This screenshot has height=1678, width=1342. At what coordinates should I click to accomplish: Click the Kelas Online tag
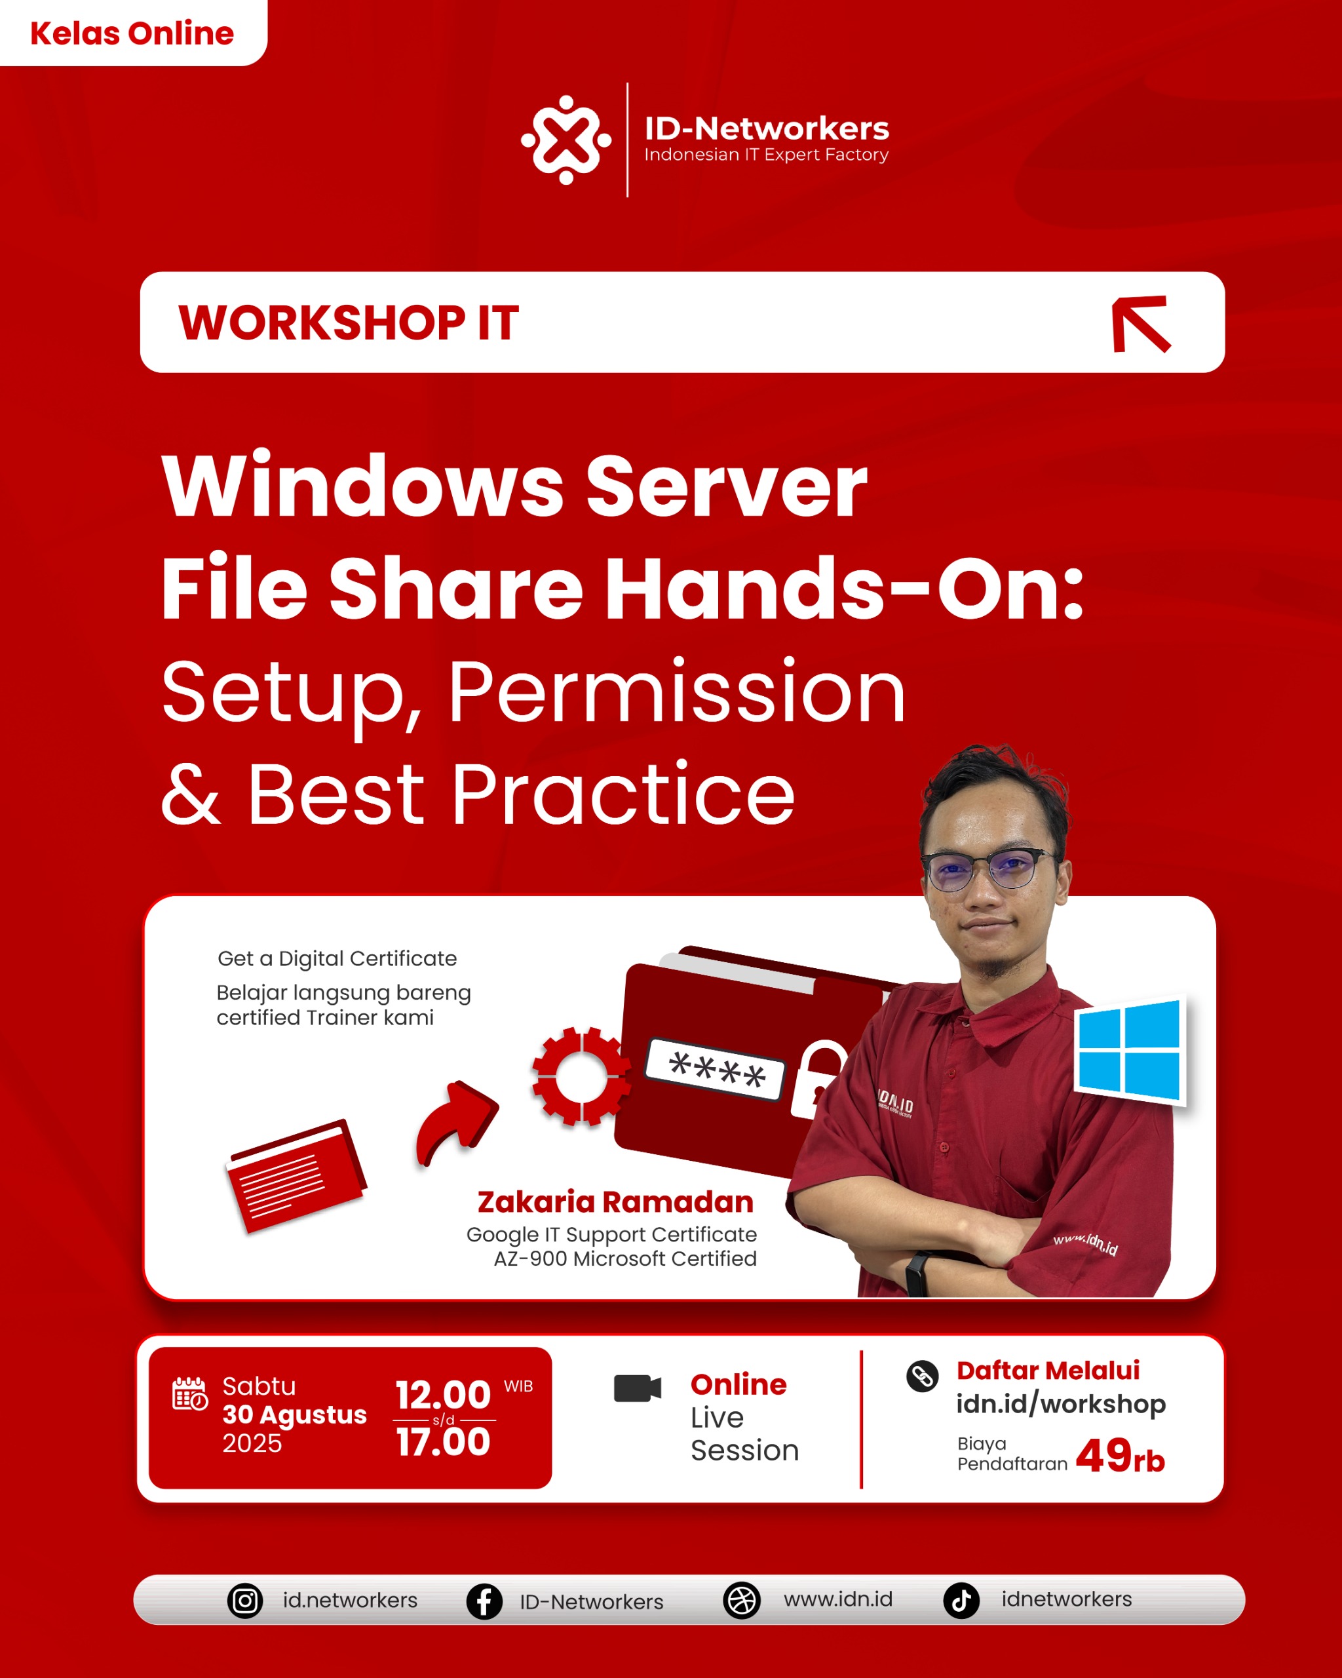pyautogui.click(x=132, y=33)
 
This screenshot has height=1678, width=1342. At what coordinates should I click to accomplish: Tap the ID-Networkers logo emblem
pyautogui.click(x=566, y=140)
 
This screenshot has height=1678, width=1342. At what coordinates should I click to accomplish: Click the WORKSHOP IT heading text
pyautogui.click(x=349, y=322)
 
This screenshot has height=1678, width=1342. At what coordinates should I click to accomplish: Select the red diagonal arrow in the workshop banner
pyautogui.click(x=1141, y=324)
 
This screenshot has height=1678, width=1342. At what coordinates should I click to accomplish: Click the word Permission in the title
pyautogui.click(x=677, y=691)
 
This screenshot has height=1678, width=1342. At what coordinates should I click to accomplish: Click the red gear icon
pyautogui.click(x=581, y=1076)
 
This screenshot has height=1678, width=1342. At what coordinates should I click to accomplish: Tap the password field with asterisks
pyautogui.click(x=716, y=1069)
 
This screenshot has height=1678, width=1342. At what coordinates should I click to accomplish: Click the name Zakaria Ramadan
pyautogui.click(x=615, y=1201)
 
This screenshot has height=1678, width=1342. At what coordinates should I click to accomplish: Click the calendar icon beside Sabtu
pyautogui.click(x=190, y=1393)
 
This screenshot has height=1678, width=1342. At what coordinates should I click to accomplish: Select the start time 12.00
pyautogui.click(x=443, y=1395)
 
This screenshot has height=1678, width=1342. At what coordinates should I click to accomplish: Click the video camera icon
pyautogui.click(x=637, y=1388)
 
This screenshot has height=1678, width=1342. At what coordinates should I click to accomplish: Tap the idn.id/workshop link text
pyautogui.click(x=1060, y=1403)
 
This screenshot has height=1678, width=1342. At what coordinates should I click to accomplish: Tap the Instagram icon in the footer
pyautogui.click(x=245, y=1601)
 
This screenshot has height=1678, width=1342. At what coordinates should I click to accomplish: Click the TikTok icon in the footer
pyautogui.click(x=961, y=1600)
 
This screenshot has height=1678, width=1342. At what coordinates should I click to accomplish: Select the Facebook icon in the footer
pyautogui.click(x=484, y=1602)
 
